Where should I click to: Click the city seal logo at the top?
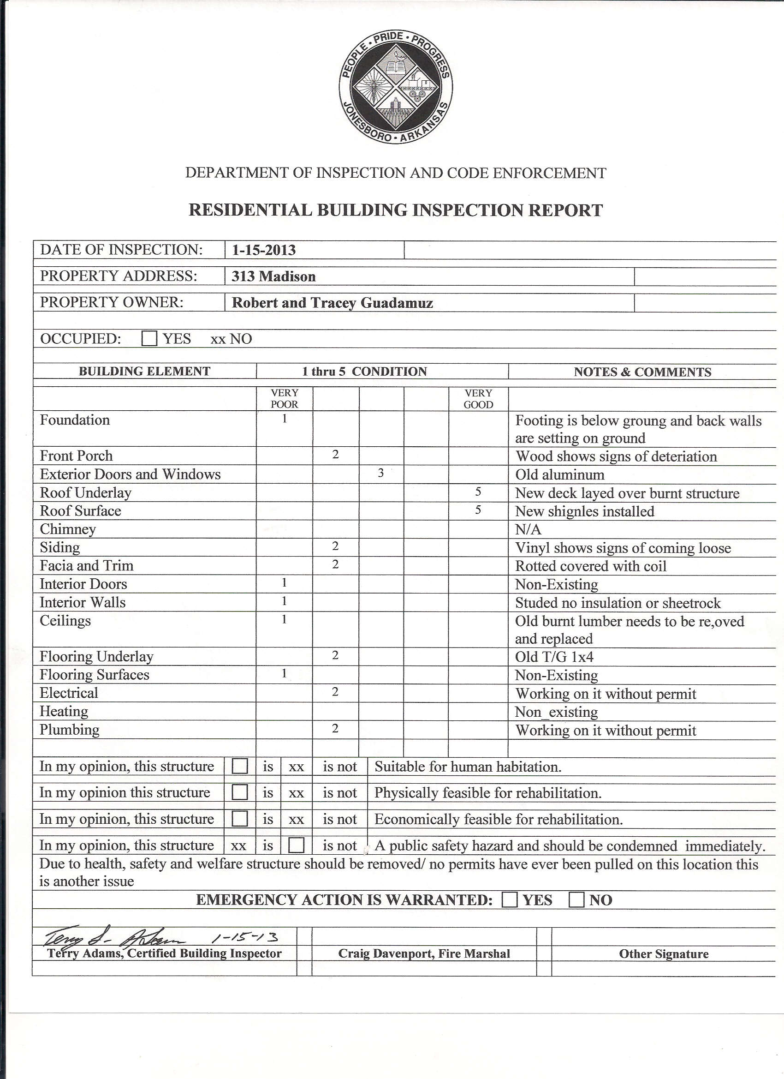click(x=396, y=89)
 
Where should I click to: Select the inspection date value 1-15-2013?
click(x=264, y=250)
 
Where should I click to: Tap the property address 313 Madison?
click(x=273, y=276)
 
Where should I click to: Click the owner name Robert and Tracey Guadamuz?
click(x=333, y=303)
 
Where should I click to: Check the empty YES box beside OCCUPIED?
click(x=149, y=339)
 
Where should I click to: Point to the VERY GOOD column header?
click(x=478, y=399)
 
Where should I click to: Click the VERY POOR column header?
click(x=284, y=399)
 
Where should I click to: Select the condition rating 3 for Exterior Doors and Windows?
click(x=381, y=474)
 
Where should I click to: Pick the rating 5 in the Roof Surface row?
click(x=478, y=510)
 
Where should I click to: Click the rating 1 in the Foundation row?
click(x=284, y=419)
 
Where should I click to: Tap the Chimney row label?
click(x=67, y=529)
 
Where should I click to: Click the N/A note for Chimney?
click(x=528, y=529)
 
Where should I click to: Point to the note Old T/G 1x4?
click(x=554, y=657)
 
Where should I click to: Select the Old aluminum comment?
click(x=559, y=474)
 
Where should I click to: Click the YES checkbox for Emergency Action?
click(x=510, y=899)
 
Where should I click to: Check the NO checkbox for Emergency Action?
click(x=576, y=899)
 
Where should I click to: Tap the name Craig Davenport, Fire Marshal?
click(x=424, y=953)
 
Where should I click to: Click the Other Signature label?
click(x=664, y=953)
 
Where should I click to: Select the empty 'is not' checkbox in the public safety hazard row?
click(x=296, y=845)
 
